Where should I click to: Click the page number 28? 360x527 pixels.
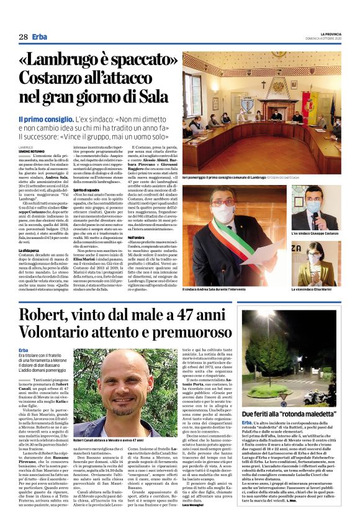click(23, 37)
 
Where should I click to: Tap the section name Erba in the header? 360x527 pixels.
click(40, 37)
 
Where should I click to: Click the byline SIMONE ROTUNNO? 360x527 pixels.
click(32, 151)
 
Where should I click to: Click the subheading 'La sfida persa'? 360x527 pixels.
click(30, 250)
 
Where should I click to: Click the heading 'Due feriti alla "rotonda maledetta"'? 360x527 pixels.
click(290, 413)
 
